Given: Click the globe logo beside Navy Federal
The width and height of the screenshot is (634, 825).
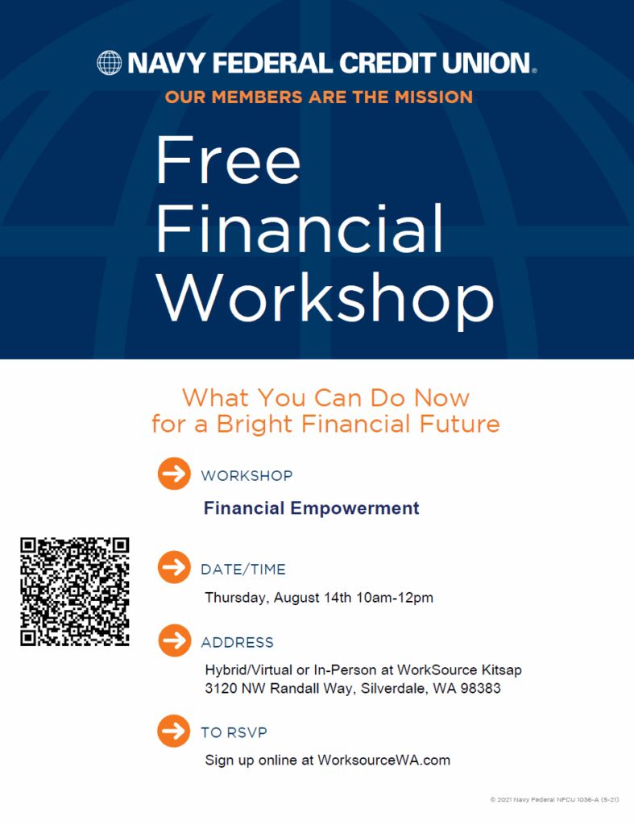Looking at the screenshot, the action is coord(109,63).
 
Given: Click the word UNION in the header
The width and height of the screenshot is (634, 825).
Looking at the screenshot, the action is coord(486,63).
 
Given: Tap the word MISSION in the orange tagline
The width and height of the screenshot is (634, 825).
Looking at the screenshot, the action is coord(433,97).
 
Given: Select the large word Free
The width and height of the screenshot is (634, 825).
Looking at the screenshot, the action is coord(228,160).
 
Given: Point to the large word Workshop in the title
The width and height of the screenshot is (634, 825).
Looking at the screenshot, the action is coord(325,296).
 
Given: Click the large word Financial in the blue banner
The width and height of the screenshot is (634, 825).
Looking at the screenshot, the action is coord(300,228).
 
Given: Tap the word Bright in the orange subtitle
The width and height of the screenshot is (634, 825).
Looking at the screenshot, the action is coord(254,424).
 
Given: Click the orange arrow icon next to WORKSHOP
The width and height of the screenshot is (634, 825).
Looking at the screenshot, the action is coord(174,474).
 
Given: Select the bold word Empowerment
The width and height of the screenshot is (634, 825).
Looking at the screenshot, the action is coord(354,508).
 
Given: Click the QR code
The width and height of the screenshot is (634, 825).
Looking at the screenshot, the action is coord(75,591).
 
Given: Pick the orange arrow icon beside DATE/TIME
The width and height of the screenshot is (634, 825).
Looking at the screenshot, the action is coord(174,567).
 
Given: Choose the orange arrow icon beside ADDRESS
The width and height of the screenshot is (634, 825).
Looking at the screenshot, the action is coord(174,641).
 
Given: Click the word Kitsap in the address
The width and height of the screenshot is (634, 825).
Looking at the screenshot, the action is coord(500,670).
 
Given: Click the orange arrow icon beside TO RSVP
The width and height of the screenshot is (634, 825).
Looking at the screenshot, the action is coord(174,731).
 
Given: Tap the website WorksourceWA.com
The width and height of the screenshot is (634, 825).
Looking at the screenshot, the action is coord(384,761).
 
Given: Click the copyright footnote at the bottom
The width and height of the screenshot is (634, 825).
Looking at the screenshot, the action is coord(554,800).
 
